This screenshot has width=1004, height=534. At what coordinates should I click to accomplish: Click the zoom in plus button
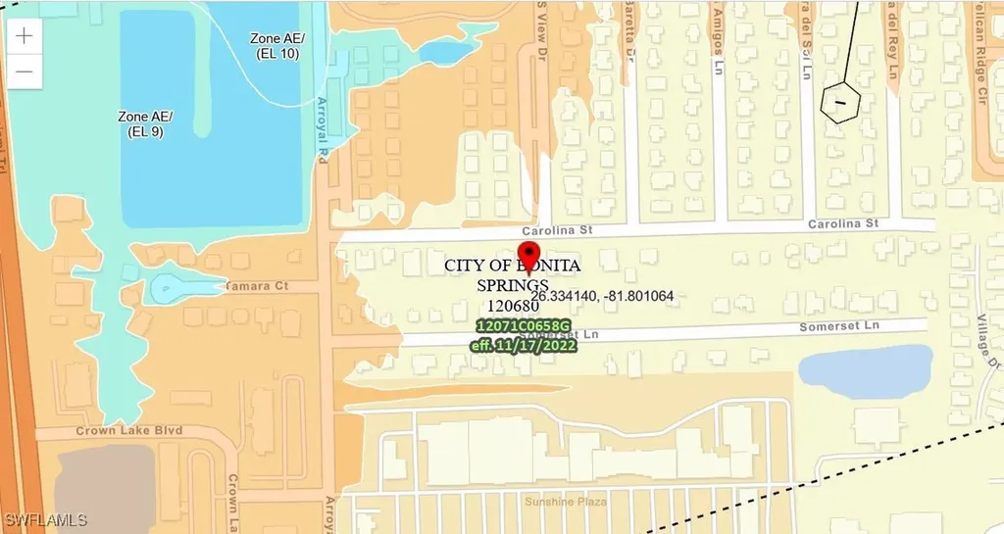(x=25, y=36)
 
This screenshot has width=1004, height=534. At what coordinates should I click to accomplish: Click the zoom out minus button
(x=25, y=72)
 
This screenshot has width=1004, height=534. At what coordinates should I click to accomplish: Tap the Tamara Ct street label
(x=255, y=285)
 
